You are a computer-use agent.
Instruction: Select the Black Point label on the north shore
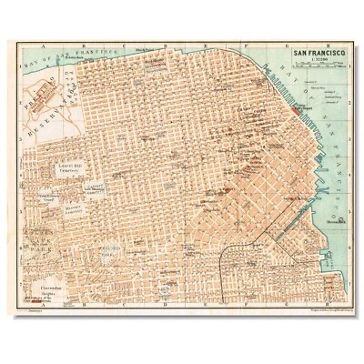pos(141,52)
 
